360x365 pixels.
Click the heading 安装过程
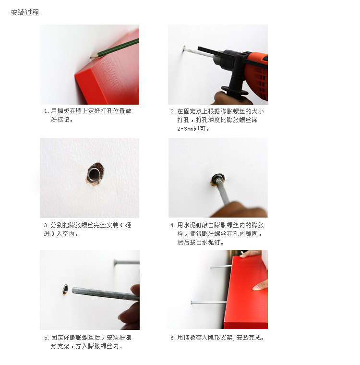tap(25, 12)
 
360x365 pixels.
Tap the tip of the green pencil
tap(91, 57)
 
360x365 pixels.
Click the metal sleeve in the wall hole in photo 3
tap(94, 174)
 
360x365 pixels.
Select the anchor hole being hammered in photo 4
tap(217, 180)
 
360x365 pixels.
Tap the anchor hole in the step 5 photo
tap(65, 290)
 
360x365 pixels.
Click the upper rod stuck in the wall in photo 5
tap(127, 262)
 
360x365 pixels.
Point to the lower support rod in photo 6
tap(208, 303)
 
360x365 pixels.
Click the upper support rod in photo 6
tap(221, 267)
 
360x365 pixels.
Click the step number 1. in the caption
tap(46, 111)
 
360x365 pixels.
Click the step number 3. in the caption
tap(46, 225)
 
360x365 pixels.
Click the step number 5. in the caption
tap(47, 338)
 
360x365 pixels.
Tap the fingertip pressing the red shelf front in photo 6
tap(254, 288)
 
